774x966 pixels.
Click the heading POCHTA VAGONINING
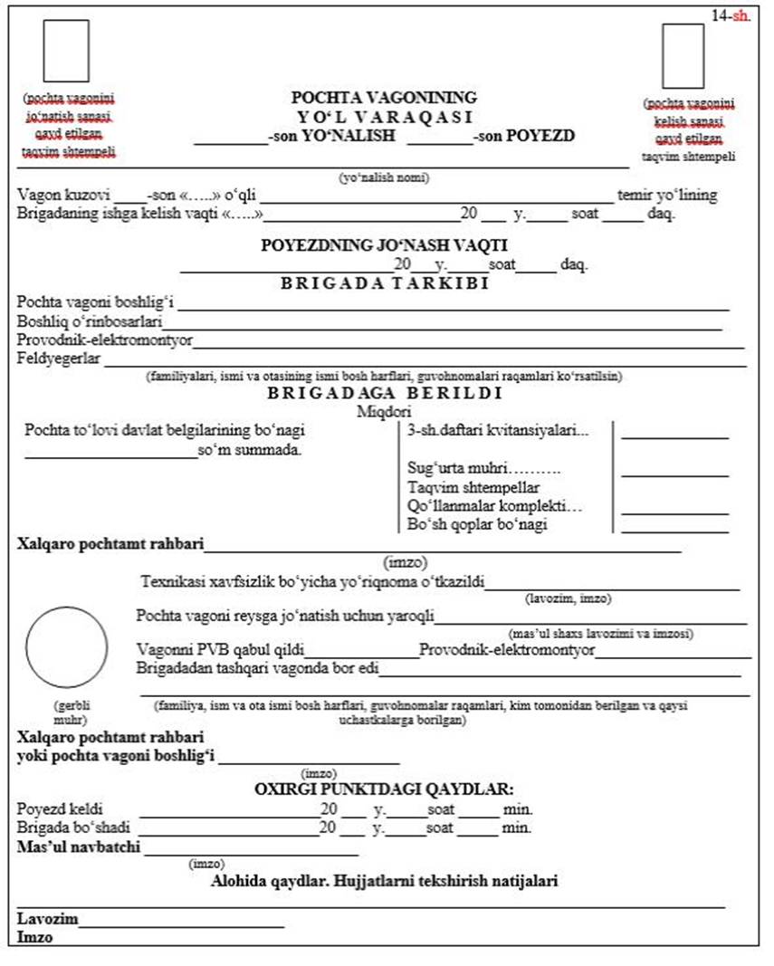click(384, 98)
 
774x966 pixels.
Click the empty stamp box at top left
click(66, 51)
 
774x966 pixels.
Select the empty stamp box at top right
click(683, 55)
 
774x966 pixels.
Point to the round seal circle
click(67, 647)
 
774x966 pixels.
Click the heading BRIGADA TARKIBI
click(384, 283)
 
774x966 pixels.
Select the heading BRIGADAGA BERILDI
click(385, 394)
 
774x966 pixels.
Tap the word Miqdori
click(384, 411)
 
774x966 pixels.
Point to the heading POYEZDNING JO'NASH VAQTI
click(384, 245)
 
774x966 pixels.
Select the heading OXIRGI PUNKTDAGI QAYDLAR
click(384, 789)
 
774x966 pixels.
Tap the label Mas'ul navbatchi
click(80, 848)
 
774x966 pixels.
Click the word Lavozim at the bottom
click(47, 919)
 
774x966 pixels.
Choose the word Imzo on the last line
click(35, 937)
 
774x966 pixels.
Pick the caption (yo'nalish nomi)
click(384, 177)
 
